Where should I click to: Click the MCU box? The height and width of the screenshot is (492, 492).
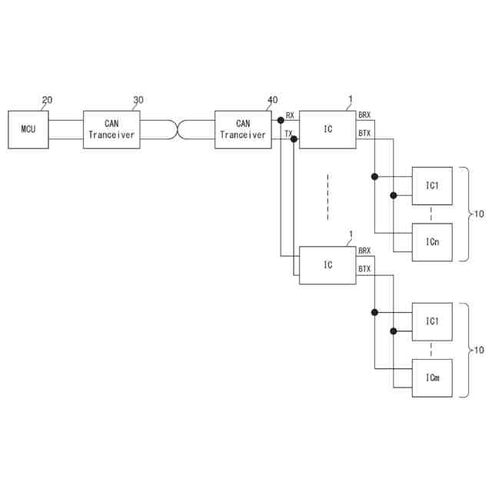click(28, 129)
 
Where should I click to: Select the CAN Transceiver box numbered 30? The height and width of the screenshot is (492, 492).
click(111, 129)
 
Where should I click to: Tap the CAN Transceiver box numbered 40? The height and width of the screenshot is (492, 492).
click(243, 129)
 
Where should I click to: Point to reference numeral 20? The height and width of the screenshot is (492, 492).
click(47, 101)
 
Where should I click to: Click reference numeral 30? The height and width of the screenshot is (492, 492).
click(138, 101)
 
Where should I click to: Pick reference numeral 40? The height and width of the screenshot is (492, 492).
click(272, 101)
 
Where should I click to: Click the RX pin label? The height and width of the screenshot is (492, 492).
click(290, 115)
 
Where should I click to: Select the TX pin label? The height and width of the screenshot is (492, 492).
click(288, 133)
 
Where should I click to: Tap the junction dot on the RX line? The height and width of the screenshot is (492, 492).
click(281, 120)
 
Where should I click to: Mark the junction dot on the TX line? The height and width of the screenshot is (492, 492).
click(294, 139)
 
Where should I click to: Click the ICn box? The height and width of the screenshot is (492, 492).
click(433, 242)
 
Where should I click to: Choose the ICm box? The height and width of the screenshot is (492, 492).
click(433, 378)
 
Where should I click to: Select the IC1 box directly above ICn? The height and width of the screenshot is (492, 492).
click(433, 185)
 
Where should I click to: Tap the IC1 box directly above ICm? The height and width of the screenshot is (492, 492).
click(433, 321)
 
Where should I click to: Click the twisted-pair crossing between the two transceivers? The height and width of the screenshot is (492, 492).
click(178, 129)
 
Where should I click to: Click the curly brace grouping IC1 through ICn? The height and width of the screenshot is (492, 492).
click(465, 214)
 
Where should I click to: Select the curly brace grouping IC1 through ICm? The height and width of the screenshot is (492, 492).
click(465, 350)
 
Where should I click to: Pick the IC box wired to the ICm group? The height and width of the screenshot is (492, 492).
click(327, 265)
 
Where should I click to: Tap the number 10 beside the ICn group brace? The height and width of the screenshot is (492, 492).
click(479, 214)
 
